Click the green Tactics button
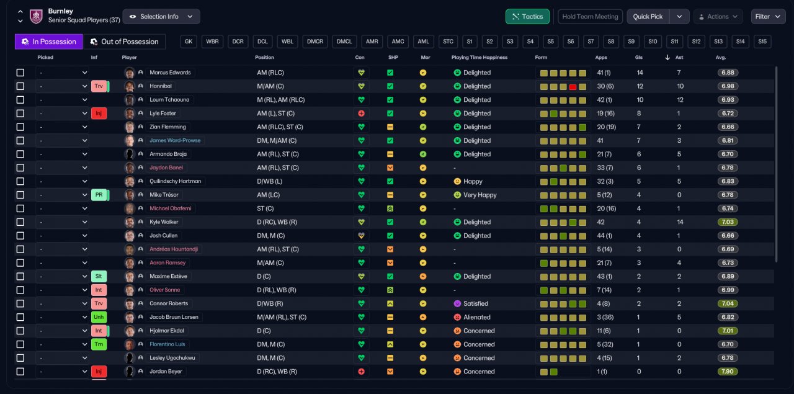(527, 17)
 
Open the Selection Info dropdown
(161, 17)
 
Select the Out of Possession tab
(124, 42)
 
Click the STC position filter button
(448, 42)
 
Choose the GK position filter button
(189, 42)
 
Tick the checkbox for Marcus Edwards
(20, 73)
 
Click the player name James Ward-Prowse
(175, 140)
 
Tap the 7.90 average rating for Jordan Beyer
(728, 371)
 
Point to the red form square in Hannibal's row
(573, 87)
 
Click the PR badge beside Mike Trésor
(99, 195)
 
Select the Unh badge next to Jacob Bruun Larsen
(99, 317)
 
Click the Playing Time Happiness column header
(480, 58)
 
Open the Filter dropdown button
(768, 17)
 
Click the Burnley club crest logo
(36, 16)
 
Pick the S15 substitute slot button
(762, 42)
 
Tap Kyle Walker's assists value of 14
(680, 222)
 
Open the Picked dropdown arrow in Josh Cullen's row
(85, 236)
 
